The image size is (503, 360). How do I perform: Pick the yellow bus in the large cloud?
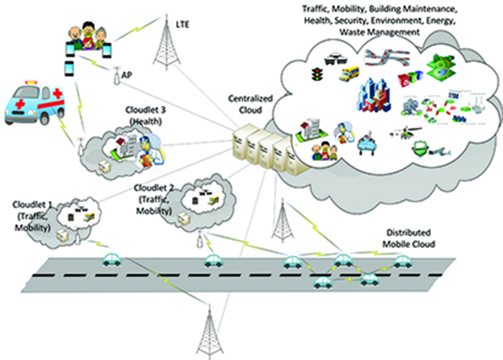pos(350,74)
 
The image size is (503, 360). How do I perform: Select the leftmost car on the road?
pos(111,259)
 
